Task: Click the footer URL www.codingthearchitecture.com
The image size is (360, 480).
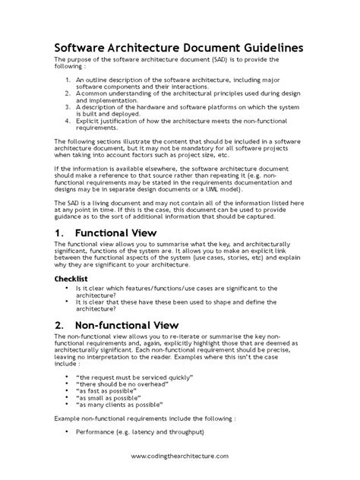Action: click(x=179, y=454)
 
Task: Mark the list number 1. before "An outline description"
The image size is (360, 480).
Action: click(x=68, y=78)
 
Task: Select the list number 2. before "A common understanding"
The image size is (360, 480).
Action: click(x=68, y=92)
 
